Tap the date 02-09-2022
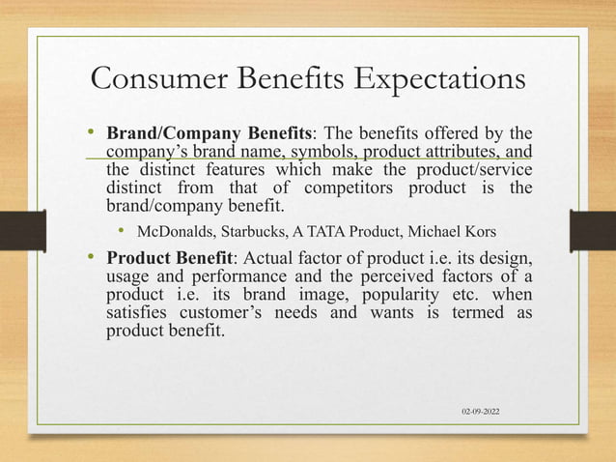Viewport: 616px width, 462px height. pos(487,412)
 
